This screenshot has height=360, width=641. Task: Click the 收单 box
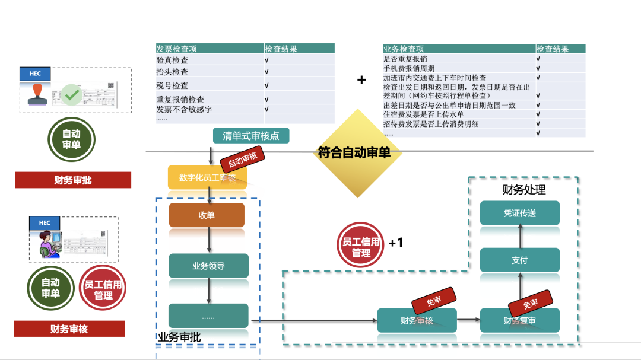click(207, 215)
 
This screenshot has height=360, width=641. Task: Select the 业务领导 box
click(208, 266)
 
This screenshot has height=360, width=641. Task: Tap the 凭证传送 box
click(519, 213)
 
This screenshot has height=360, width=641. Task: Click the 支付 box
click(519, 260)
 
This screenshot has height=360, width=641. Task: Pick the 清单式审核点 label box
click(251, 136)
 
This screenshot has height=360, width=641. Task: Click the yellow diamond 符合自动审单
click(354, 152)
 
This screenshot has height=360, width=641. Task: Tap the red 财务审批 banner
click(73, 180)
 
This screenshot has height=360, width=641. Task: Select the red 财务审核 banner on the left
click(69, 329)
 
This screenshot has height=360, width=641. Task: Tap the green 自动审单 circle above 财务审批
click(71, 139)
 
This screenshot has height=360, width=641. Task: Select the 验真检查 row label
click(173, 60)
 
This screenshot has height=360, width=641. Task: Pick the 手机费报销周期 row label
click(409, 68)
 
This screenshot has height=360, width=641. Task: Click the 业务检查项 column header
click(404, 49)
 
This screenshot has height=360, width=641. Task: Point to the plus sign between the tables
click(361, 79)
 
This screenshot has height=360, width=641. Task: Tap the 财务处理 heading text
click(524, 190)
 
